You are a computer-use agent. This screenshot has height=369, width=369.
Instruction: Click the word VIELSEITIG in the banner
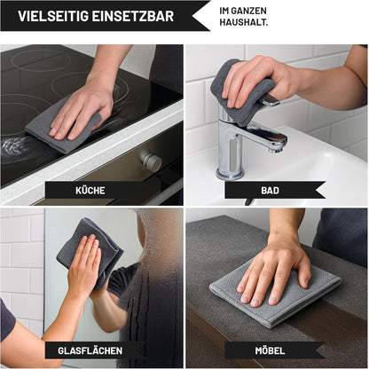53,16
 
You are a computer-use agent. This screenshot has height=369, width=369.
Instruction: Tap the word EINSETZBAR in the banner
133,16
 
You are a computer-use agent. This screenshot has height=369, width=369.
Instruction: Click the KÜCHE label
90,191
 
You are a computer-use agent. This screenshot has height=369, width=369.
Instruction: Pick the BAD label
270,191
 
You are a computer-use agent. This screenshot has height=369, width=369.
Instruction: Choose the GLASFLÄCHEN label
90,350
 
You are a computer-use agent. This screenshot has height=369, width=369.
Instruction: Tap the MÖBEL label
270,350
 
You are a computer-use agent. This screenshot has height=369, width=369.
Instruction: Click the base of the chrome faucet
230,174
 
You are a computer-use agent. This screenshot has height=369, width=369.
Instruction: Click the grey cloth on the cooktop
64,129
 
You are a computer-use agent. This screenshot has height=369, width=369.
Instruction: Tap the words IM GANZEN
243,11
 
